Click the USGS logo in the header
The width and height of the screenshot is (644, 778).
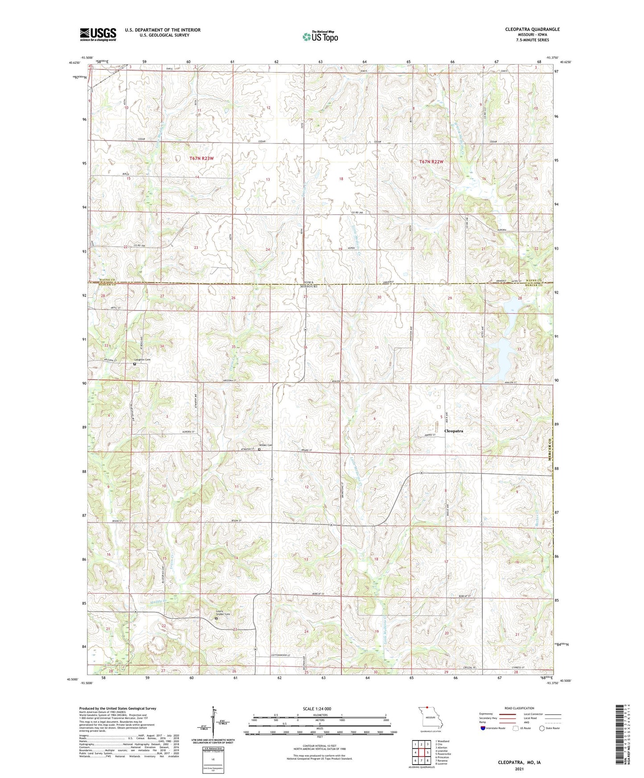point(98,34)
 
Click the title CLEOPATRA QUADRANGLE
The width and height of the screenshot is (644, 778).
point(532,29)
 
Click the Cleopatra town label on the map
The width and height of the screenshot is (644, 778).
point(454,431)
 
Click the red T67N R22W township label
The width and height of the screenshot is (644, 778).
point(431,162)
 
